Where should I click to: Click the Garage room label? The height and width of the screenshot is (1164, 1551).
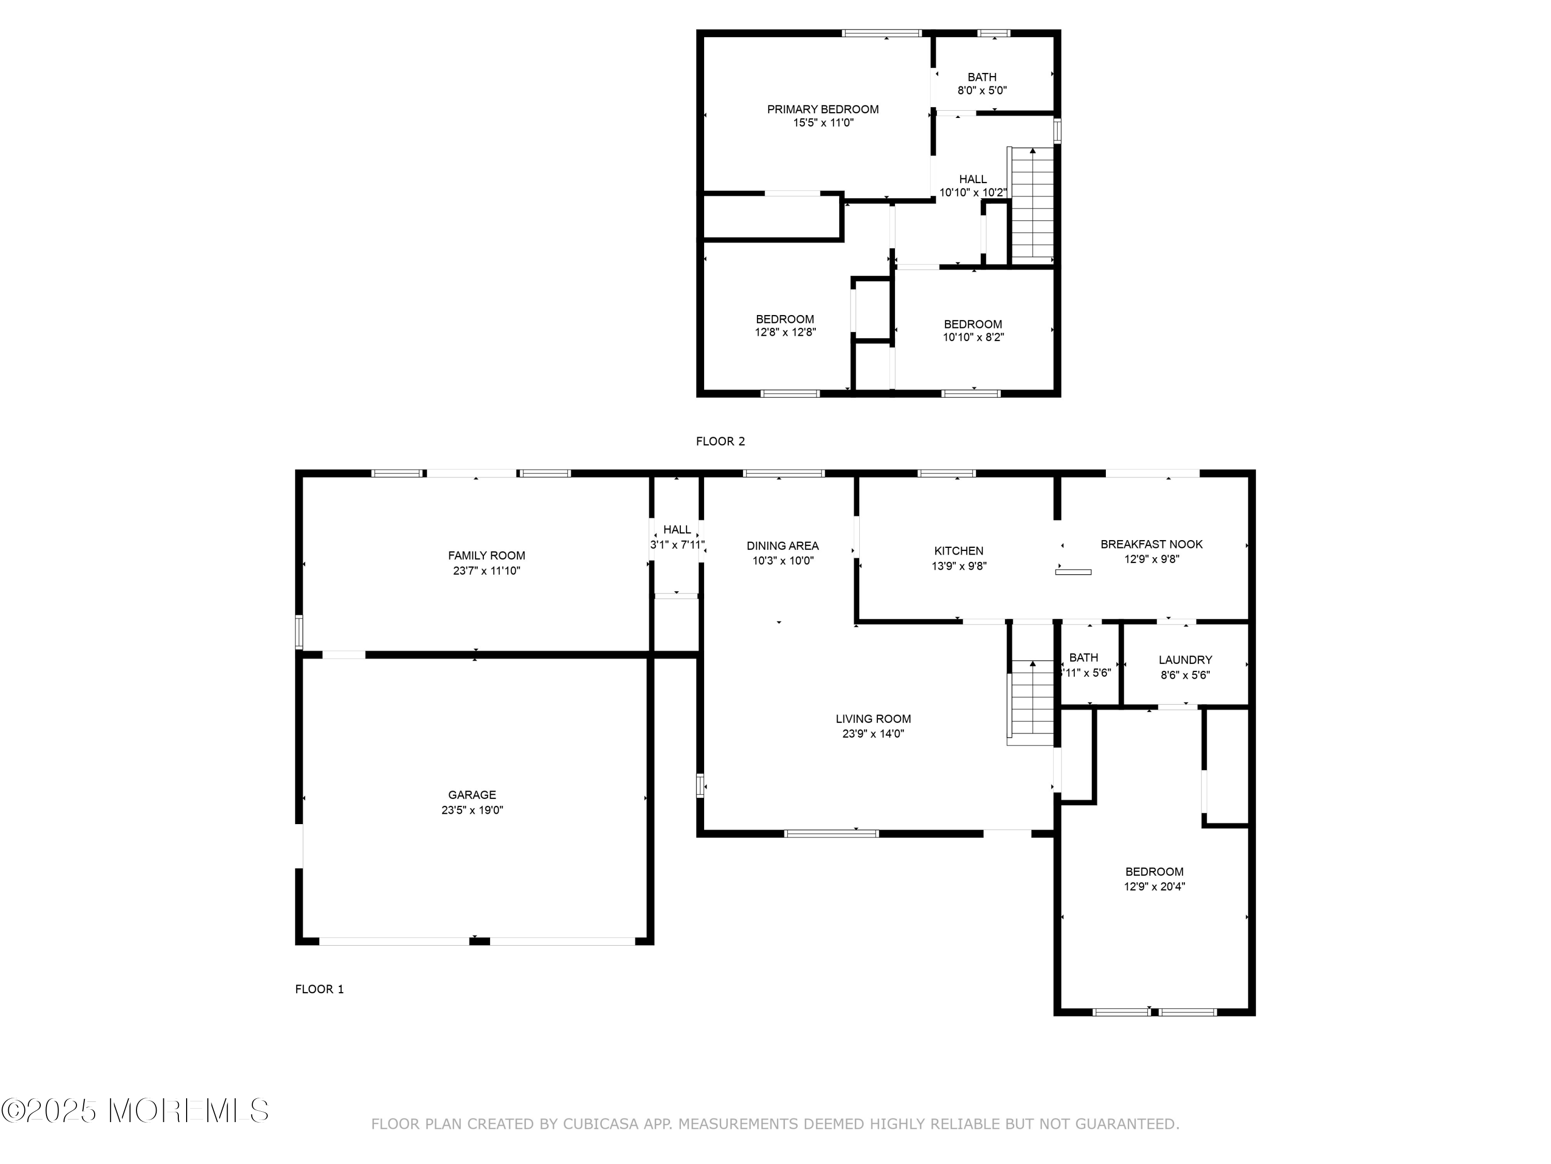pyautogui.click(x=472, y=794)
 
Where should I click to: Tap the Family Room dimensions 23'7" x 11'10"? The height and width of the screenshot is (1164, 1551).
pyautogui.click(x=486, y=571)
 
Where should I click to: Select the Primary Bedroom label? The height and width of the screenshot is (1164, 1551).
pyautogui.click(x=823, y=110)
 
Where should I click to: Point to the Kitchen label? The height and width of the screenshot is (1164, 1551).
pyautogui.click(x=959, y=551)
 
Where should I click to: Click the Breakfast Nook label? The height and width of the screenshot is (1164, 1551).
pyautogui.click(x=1151, y=544)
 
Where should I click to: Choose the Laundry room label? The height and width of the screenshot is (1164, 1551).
pyautogui.click(x=1185, y=660)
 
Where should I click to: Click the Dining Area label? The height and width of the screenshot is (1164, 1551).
pyautogui.click(x=783, y=546)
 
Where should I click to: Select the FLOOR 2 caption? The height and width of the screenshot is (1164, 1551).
pyautogui.click(x=720, y=441)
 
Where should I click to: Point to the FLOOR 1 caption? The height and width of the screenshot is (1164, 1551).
pyautogui.click(x=319, y=989)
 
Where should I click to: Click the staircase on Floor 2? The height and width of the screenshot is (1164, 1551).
pyautogui.click(x=1032, y=205)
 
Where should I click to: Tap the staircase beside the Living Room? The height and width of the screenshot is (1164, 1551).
pyautogui.click(x=1031, y=703)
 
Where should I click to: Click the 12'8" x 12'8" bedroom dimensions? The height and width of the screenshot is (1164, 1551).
pyautogui.click(x=785, y=333)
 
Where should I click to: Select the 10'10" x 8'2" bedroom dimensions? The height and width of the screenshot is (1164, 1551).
pyautogui.click(x=973, y=337)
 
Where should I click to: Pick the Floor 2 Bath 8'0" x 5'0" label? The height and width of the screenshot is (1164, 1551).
pyautogui.click(x=982, y=83)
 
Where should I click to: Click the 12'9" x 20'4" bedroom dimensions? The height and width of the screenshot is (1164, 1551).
pyautogui.click(x=1154, y=886)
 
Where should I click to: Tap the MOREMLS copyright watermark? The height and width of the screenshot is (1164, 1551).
pyautogui.click(x=135, y=1111)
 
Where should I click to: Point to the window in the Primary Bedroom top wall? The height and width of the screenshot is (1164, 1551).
pyautogui.click(x=881, y=33)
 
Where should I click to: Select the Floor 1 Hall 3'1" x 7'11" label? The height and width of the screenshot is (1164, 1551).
pyautogui.click(x=677, y=538)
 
